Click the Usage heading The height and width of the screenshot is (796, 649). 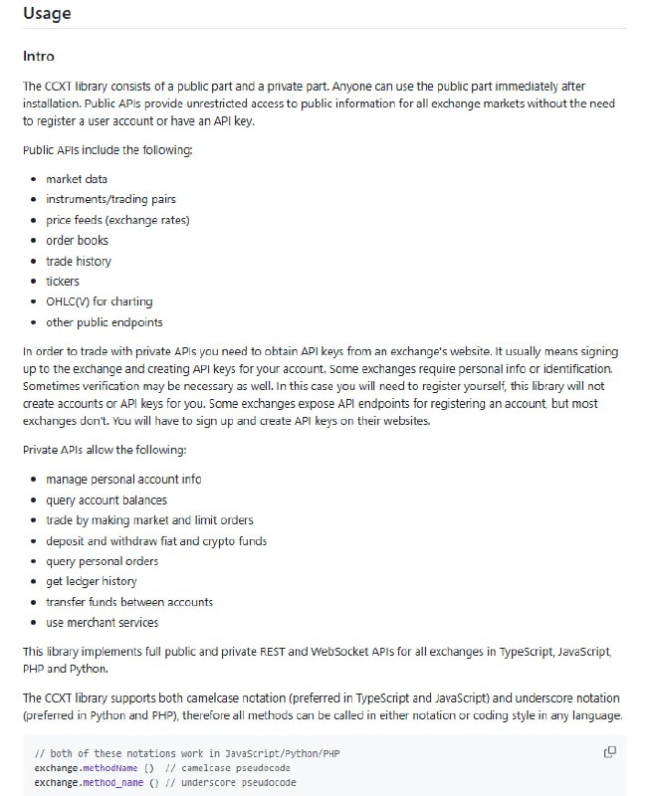(x=47, y=15)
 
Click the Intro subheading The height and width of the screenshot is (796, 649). (x=39, y=57)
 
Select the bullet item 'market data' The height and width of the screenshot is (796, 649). (x=77, y=179)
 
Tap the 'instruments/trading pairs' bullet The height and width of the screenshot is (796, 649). (x=110, y=199)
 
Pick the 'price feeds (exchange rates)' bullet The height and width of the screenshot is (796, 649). (x=117, y=220)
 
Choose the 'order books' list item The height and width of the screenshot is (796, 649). (x=77, y=240)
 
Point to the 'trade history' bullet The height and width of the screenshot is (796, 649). (x=79, y=261)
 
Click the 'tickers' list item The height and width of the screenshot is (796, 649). (x=63, y=282)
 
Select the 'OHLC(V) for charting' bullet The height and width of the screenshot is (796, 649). (x=100, y=301)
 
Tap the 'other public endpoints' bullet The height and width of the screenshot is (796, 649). (x=105, y=322)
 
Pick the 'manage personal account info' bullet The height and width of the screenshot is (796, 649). (x=123, y=480)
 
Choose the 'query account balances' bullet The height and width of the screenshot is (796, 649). (x=107, y=499)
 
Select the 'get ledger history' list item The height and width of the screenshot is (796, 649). (x=92, y=581)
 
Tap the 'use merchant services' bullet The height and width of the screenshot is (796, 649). (x=103, y=622)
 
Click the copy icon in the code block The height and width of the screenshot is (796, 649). (x=610, y=751)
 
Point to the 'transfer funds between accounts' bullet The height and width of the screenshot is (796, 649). (x=129, y=602)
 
